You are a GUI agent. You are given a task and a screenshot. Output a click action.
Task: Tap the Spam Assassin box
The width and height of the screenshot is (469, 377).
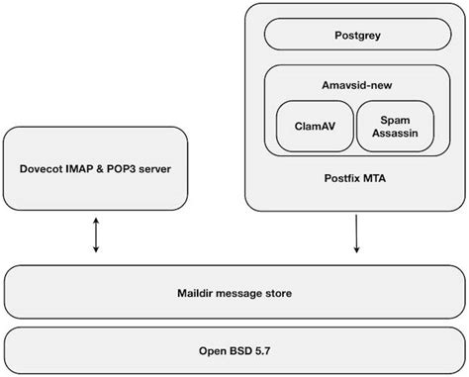point(393,126)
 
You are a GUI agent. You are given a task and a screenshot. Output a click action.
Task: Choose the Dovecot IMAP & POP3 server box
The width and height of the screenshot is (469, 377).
point(95,168)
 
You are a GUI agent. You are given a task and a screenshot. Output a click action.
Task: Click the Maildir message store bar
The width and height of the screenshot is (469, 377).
point(234,292)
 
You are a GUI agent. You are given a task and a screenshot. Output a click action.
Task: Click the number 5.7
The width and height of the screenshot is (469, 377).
point(263,349)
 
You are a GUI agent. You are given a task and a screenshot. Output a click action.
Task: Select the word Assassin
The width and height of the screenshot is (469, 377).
point(393,134)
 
